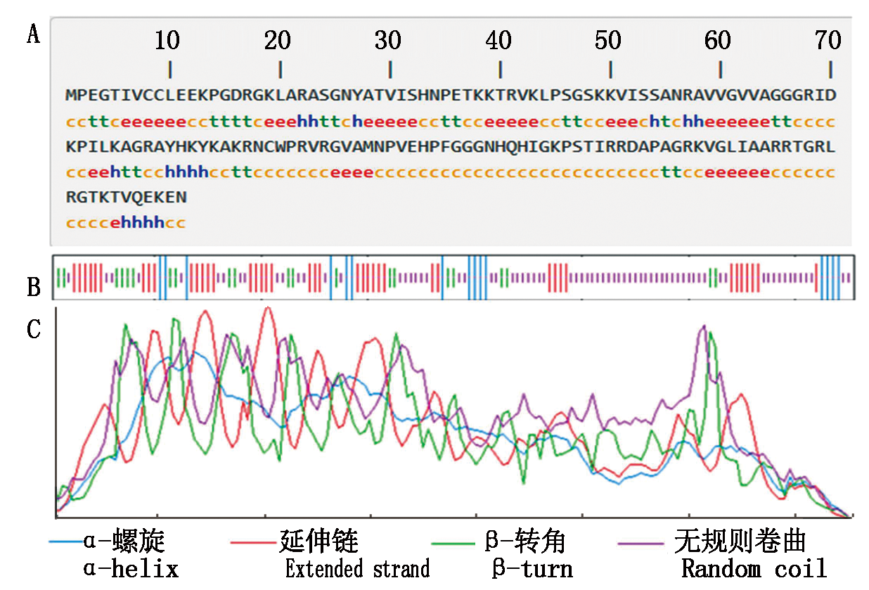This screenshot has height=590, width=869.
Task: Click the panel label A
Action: (x=33, y=34)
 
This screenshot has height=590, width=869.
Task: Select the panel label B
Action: (x=33, y=287)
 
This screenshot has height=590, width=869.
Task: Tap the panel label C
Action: (x=33, y=329)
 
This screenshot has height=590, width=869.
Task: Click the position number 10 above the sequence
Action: (x=167, y=41)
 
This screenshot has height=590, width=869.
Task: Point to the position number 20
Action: (x=278, y=41)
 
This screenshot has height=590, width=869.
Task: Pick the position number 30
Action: (x=387, y=41)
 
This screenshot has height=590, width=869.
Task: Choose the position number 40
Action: (x=498, y=41)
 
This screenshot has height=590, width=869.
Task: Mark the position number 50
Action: (x=608, y=41)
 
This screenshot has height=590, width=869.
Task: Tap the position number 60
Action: (x=718, y=41)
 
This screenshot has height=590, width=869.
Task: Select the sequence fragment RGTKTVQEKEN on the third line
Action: (x=127, y=198)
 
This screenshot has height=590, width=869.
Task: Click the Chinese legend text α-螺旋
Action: (x=124, y=541)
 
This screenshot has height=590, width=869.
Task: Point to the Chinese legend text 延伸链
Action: (x=319, y=541)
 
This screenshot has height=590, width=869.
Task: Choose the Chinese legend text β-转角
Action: (x=525, y=541)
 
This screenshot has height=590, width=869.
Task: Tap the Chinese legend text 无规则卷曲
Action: (x=740, y=541)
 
